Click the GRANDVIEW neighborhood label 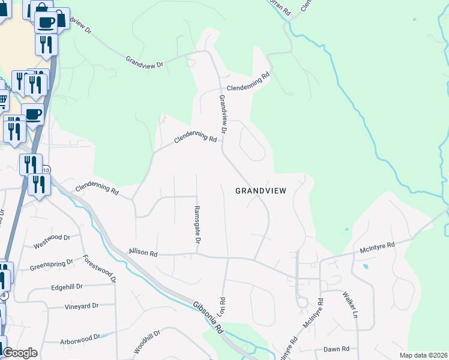[261, 191]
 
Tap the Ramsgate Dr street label [196, 225]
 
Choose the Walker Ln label [350, 304]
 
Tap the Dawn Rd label [336, 349]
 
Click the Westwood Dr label [52, 241]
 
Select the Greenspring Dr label [51, 265]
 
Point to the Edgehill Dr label [66, 287]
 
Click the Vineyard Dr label [81, 307]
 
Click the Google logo [19, 353]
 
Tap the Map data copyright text [423, 355]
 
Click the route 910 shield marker [46, 170]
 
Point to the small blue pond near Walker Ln [366, 266]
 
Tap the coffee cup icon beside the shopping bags [45, 23]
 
